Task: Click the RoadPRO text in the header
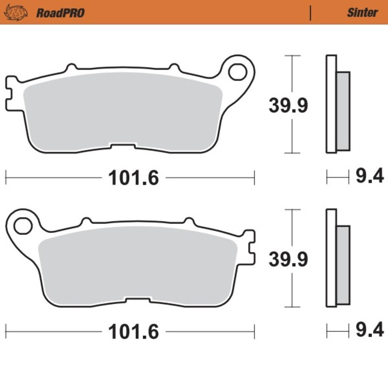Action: coord(60,13)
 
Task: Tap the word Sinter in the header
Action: coord(362,13)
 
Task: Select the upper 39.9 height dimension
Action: coord(288,105)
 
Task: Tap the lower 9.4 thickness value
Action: coord(370,331)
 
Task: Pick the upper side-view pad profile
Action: coord(337,105)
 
